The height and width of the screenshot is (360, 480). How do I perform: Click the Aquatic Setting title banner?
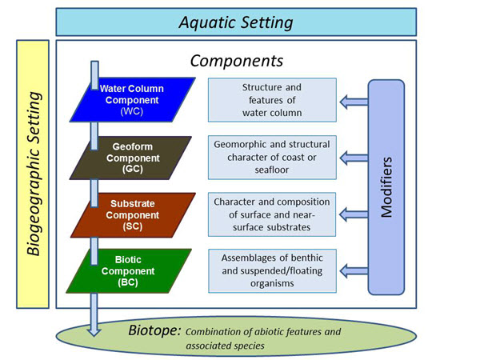click(236, 22)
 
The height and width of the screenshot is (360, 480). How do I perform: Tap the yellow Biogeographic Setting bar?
click(33, 174)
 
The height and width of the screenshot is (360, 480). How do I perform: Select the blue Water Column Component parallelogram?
click(133, 100)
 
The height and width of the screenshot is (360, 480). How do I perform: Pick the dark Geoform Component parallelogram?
click(130, 158)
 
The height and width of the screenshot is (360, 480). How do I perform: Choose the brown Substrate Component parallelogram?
click(133, 215)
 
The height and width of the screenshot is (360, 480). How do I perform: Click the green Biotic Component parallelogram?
click(129, 271)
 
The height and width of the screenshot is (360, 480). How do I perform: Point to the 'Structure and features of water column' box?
click(272, 100)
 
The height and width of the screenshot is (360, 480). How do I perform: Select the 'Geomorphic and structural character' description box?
click(272, 158)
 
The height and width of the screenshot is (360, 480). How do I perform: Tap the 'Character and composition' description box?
click(272, 214)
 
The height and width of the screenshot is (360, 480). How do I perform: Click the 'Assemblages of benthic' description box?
click(272, 271)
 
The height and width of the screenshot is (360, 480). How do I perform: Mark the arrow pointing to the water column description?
click(354, 102)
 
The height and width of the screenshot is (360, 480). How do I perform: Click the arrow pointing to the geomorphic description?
click(354, 158)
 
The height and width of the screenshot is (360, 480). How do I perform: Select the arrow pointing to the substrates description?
click(354, 214)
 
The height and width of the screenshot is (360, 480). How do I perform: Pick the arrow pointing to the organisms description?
click(354, 271)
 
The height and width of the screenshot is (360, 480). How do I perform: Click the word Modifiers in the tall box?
click(386, 187)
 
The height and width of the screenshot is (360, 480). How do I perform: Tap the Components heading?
click(237, 61)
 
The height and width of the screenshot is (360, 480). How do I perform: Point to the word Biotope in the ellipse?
click(154, 330)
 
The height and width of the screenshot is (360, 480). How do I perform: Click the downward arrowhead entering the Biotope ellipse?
click(94, 331)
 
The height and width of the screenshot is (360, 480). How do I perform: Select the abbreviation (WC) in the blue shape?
click(132, 111)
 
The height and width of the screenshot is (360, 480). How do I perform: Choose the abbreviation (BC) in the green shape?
click(128, 282)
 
